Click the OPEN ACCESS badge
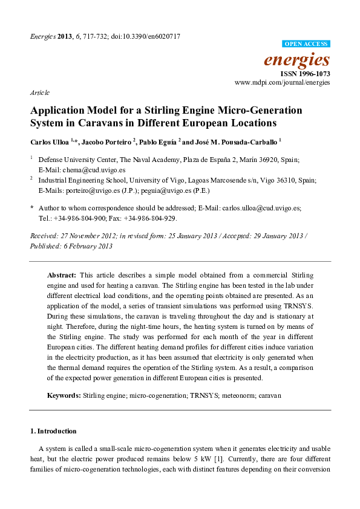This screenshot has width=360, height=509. click(x=307, y=44)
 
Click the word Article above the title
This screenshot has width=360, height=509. click(x=39, y=92)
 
